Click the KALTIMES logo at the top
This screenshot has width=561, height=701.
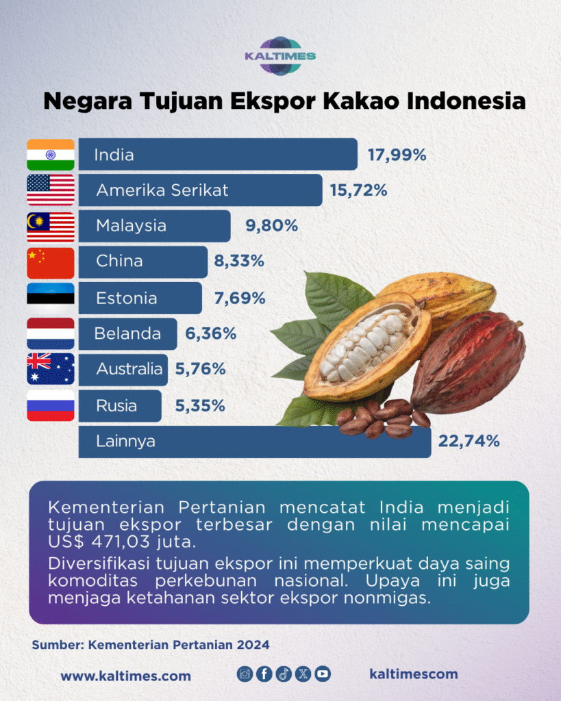click(281, 56)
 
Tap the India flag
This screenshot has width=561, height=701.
click(51, 155)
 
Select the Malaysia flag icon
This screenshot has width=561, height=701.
click(51, 227)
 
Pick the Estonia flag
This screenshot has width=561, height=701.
click(51, 297)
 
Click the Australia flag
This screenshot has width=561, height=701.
click(51, 369)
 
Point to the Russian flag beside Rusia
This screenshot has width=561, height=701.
click(51, 405)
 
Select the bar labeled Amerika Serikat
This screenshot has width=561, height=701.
click(201, 190)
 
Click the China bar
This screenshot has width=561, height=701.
click(143, 262)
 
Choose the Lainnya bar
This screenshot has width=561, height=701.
click(255, 442)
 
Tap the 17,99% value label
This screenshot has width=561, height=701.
click(397, 155)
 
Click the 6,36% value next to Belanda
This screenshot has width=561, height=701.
click(211, 333)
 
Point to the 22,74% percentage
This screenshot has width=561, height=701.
click(469, 442)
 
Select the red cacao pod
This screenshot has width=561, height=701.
click(467, 362)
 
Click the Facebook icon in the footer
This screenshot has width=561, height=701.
click(264, 674)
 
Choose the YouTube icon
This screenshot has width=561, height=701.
click(323, 674)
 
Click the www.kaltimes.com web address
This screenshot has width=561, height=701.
click(126, 676)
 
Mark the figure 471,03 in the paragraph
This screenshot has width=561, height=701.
click(119, 542)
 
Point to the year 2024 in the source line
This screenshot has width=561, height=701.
click(253, 645)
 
